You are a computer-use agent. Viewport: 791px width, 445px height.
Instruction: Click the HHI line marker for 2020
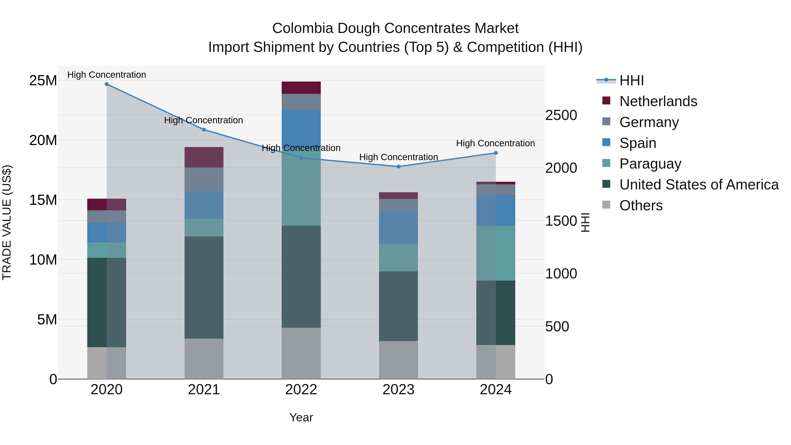click(x=107, y=84)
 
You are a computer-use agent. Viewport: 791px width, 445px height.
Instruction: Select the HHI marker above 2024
click(x=496, y=153)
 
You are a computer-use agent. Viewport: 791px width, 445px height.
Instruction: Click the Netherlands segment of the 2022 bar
click(x=301, y=88)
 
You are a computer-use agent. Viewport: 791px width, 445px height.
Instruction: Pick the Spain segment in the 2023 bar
click(x=398, y=228)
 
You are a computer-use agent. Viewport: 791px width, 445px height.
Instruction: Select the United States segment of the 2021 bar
click(x=204, y=287)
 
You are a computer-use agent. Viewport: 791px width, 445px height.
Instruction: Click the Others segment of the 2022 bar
click(x=301, y=353)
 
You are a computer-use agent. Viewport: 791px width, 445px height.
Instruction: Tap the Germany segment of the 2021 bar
click(x=204, y=179)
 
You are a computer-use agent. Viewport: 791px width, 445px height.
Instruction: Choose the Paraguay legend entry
click(x=650, y=164)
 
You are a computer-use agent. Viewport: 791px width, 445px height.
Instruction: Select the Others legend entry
click(x=641, y=205)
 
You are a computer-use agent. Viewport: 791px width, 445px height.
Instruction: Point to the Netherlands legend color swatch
click(x=606, y=100)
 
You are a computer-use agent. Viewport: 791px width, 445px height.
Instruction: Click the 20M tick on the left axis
click(x=43, y=140)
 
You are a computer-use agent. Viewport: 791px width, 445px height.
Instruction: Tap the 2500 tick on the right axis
click(x=561, y=115)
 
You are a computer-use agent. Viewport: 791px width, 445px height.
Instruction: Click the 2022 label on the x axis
click(x=301, y=390)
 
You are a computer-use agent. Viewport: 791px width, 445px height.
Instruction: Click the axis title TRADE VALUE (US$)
click(x=7, y=222)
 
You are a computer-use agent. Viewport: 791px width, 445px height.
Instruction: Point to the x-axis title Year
click(x=301, y=417)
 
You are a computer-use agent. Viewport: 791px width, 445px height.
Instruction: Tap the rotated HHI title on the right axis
click(x=585, y=222)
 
